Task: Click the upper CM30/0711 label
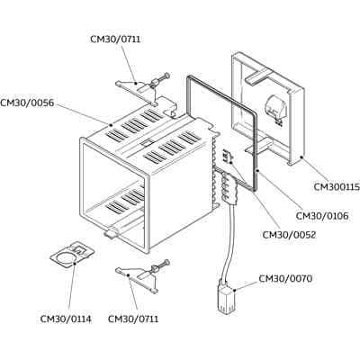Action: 115,40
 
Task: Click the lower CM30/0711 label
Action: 133,319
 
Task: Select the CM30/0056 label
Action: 27,103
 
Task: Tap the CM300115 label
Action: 337,187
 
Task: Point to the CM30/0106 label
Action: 322,216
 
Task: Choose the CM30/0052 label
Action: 289,235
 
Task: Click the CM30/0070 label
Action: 285,279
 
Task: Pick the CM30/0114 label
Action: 66,319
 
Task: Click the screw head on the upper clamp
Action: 167,75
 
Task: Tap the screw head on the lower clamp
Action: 167,263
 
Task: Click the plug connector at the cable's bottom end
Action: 226,299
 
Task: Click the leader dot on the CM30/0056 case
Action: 111,124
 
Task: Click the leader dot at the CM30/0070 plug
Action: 234,290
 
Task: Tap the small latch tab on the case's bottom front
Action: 112,233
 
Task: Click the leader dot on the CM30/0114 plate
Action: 75,264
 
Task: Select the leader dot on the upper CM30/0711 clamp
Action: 136,83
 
